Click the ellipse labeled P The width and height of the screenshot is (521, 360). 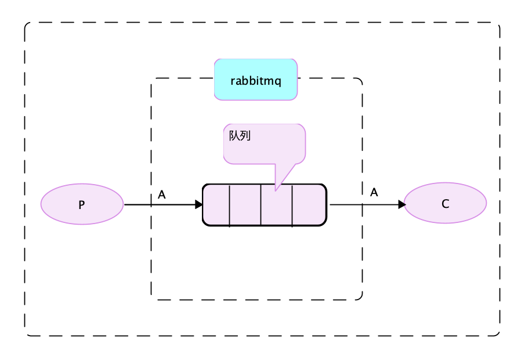pyautogui.click(x=82, y=204)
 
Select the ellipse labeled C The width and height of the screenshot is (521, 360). pyautogui.click(x=445, y=204)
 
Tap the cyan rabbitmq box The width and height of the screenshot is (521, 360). pyautogui.click(x=256, y=80)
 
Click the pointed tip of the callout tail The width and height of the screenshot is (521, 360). pyautogui.click(x=276, y=190)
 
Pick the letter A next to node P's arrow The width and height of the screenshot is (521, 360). pyautogui.click(x=162, y=195)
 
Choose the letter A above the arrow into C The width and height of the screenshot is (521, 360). pyautogui.click(x=374, y=192)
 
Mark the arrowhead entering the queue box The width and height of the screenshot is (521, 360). pyautogui.click(x=198, y=205)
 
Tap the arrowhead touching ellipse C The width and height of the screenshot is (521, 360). pyautogui.click(x=401, y=204)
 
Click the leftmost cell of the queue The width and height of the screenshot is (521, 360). pyautogui.click(x=216, y=205)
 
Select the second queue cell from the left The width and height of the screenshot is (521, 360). pyautogui.click(x=245, y=205)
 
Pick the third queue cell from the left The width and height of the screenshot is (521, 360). pyautogui.click(x=276, y=205)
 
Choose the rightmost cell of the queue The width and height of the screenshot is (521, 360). pyautogui.click(x=309, y=205)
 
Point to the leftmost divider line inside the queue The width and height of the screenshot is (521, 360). pyautogui.click(x=230, y=205)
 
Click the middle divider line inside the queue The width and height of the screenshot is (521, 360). pyautogui.click(x=261, y=205)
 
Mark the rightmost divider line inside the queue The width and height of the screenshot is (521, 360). pyautogui.click(x=292, y=205)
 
